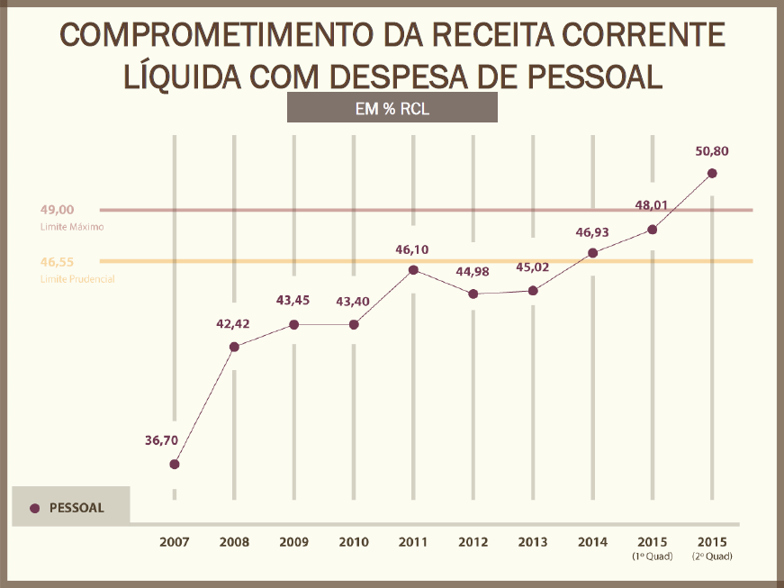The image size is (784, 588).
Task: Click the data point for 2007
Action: [x=175, y=465]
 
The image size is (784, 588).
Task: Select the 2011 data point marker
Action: [x=413, y=269]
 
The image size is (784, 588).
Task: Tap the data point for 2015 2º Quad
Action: [x=712, y=173]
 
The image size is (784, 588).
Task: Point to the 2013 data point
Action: [x=533, y=290]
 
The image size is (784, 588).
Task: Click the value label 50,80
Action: [x=711, y=151]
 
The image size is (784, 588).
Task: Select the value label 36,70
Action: [x=162, y=440]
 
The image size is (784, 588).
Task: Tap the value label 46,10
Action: [x=413, y=248]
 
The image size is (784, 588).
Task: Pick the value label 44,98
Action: [x=473, y=272]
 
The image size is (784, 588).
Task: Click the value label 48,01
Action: [x=652, y=205]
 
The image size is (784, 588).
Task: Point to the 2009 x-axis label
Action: [x=294, y=542]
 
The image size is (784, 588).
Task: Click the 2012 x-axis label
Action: [x=473, y=542]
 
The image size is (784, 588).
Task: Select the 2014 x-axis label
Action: [x=592, y=542]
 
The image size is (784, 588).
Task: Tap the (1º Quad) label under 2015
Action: [x=653, y=556]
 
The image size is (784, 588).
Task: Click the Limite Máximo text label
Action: [x=72, y=227]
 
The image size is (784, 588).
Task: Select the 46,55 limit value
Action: [x=57, y=262]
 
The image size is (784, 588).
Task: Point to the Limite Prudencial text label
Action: [x=77, y=279]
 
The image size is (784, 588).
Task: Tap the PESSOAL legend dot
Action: [x=35, y=508]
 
